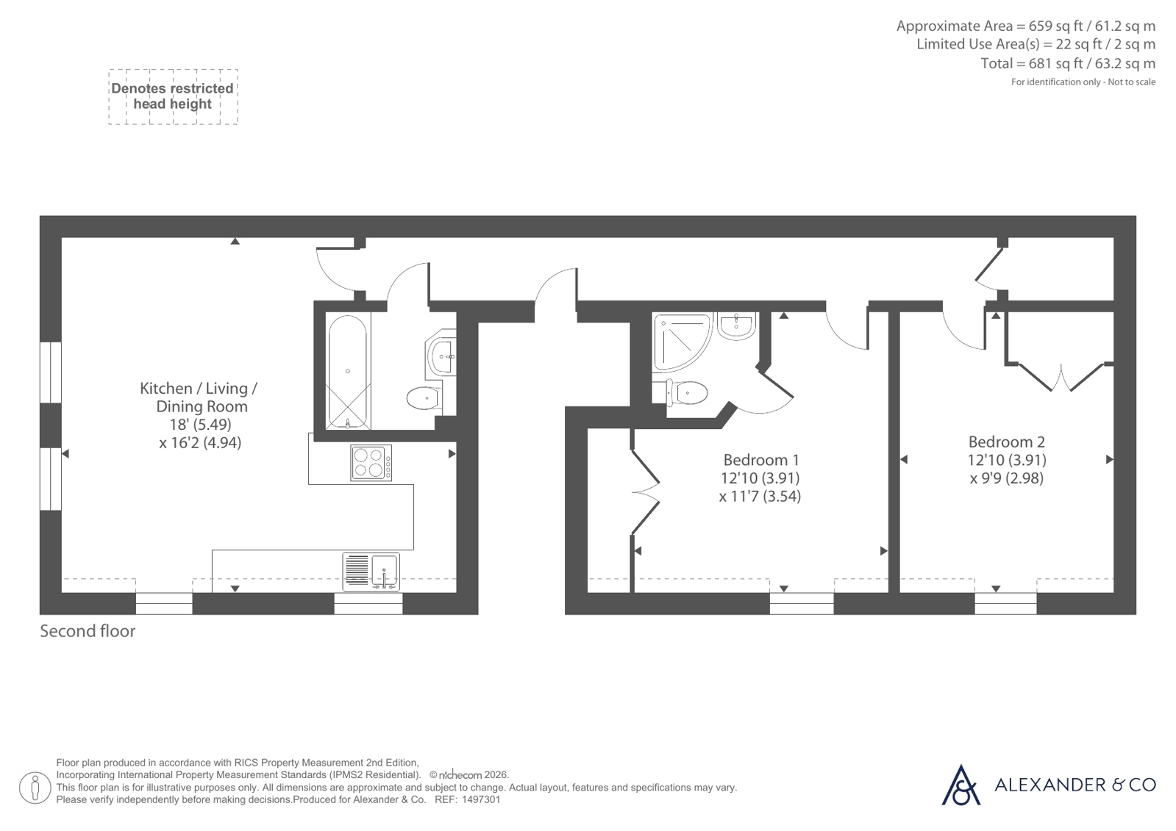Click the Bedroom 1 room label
click(x=760, y=460)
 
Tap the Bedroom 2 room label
click(x=1006, y=442)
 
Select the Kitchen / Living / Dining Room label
click(x=200, y=397)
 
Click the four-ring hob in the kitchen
click(x=371, y=463)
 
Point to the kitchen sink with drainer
click(x=371, y=572)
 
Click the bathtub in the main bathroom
click(x=348, y=372)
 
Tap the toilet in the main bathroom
click(x=424, y=397)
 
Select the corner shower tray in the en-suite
click(x=682, y=342)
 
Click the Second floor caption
click(x=88, y=631)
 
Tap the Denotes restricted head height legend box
click(x=173, y=96)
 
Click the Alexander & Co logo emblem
click(x=961, y=785)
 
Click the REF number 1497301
click(x=481, y=799)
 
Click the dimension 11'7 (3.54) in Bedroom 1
click(x=760, y=496)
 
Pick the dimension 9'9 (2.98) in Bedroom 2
click(x=1006, y=478)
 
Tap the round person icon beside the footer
click(x=35, y=788)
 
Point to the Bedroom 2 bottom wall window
click(x=1006, y=603)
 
